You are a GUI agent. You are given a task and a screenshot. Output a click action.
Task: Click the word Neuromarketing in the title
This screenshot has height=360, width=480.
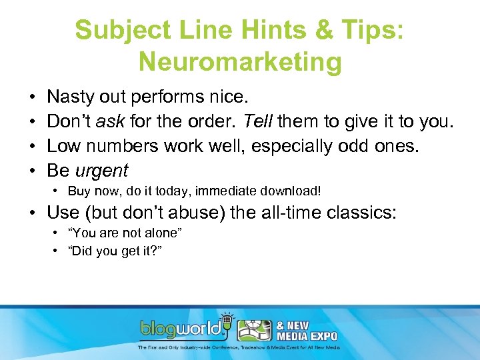240,62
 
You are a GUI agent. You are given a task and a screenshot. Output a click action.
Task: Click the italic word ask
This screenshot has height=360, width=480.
108,123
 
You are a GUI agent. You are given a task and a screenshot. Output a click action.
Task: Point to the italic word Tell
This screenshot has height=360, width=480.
257,123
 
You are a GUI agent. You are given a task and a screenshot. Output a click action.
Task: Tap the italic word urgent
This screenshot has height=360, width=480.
101,171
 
